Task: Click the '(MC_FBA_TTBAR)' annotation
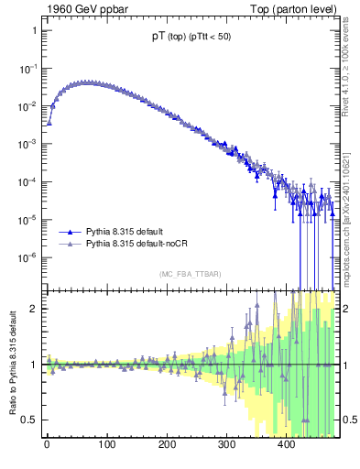pos(190,274)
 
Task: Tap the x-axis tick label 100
pos(106,446)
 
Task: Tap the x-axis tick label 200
pos(167,446)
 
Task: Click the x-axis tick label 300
pos(226,446)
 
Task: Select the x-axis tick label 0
pos(47,446)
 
